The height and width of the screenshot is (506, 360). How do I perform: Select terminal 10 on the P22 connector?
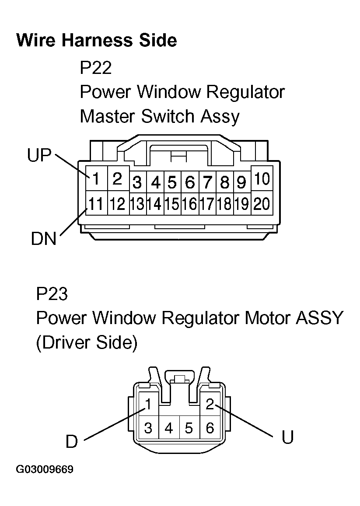coord(262,178)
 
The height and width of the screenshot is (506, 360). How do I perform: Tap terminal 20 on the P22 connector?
coord(262,204)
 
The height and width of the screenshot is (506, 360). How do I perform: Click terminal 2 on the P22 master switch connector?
coord(117,178)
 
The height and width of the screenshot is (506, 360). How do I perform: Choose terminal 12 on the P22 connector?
coord(117,204)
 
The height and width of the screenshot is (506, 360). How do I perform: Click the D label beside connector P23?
coord(72,441)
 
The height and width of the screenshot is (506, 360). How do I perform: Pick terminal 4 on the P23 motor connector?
coord(169,428)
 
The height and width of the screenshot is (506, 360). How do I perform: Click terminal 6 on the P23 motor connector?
coord(210,428)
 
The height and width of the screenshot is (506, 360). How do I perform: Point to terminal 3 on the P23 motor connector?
coord(148,428)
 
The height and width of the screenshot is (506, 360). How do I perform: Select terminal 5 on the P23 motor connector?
coord(189,428)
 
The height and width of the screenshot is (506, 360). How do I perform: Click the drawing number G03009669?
coord(45,470)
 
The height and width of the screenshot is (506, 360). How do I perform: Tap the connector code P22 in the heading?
coord(96,68)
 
